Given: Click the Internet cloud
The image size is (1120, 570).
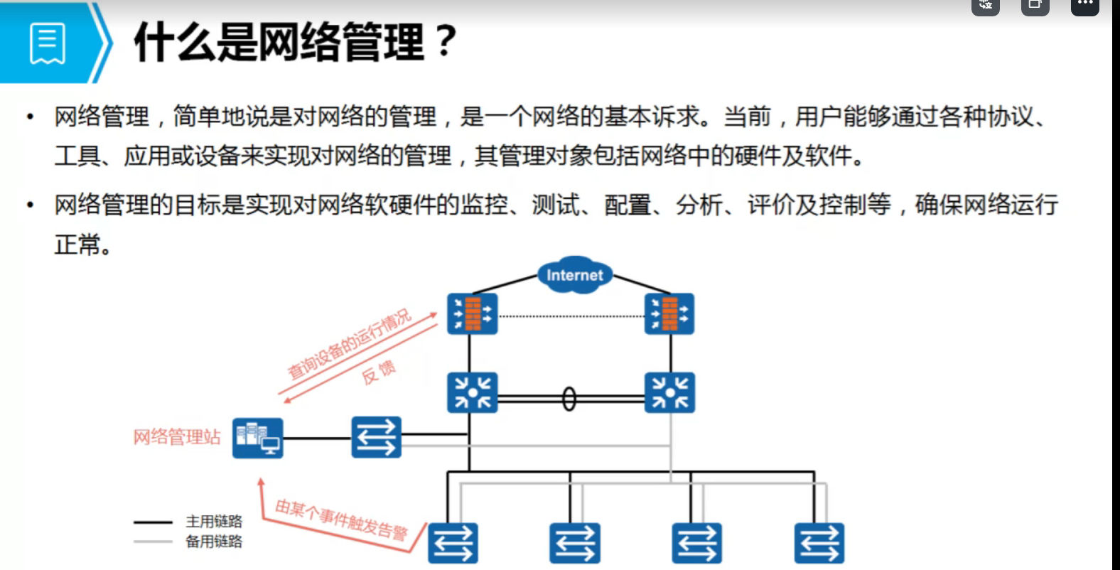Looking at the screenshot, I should (x=574, y=275).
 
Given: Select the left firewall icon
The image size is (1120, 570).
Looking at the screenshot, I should (x=472, y=313).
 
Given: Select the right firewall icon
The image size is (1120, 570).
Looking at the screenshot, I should (x=669, y=313).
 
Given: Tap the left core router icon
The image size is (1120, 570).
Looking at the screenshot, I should (x=472, y=392).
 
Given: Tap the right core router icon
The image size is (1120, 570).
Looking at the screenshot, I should (x=669, y=392).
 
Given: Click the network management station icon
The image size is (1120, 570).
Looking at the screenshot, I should (x=257, y=438).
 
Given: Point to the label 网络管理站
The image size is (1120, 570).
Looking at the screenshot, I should (x=177, y=437).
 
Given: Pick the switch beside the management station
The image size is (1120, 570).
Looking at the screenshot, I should (x=376, y=437).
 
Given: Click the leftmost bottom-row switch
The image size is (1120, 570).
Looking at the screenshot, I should (x=453, y=544).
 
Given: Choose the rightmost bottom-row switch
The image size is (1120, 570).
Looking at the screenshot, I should (x=819, y=544).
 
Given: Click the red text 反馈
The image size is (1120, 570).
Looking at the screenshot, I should (x=379, y=372).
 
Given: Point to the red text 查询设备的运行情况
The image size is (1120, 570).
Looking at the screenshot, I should (x=349, y=344).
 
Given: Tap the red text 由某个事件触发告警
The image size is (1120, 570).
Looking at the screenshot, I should (x=341, y=520).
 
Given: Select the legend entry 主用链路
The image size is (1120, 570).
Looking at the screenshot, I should (x=214, y=522).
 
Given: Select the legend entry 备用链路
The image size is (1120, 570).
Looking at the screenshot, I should (x=214, y=542).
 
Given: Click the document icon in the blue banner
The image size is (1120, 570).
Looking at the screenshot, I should (x=48, y=43).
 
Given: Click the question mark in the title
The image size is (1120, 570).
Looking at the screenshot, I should (x=445, y=41).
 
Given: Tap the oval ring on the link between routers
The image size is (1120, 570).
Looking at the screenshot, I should (x=569, y=399).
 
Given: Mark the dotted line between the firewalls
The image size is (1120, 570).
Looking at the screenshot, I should (x=571, y=316).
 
